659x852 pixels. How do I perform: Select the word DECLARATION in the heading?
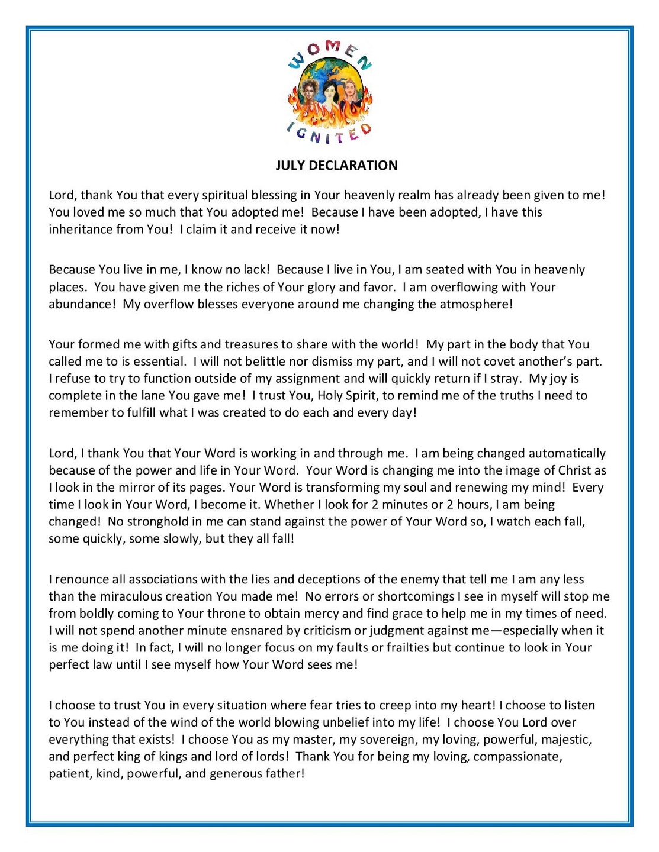[353, 166]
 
